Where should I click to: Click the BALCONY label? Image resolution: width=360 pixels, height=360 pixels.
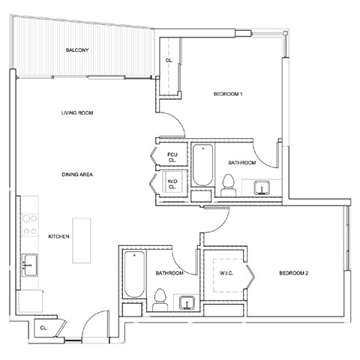pos(78,50)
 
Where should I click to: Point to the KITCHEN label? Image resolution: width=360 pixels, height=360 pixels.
pos(59,236)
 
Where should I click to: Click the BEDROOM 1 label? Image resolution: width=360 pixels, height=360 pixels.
pos(228,94)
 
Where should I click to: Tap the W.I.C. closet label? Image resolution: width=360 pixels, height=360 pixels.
pos(227,273)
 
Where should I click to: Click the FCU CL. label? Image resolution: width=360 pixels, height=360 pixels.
pos(172,157)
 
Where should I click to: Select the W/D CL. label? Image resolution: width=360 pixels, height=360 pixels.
pos(172,184)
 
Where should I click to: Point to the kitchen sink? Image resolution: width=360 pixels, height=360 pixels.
pos(31,264)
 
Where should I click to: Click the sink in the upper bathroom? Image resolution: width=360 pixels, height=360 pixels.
pos(263,186)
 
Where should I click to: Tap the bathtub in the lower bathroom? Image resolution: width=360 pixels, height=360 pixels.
pos(131,274)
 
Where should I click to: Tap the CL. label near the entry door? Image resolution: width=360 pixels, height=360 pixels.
pos(44,328)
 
